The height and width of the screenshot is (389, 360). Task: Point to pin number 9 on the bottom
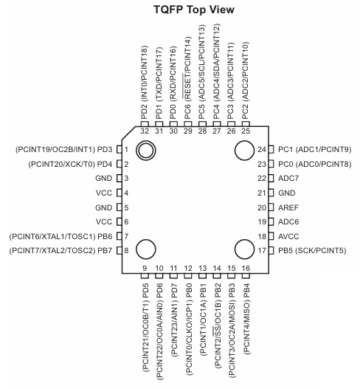tap(145, 267)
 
